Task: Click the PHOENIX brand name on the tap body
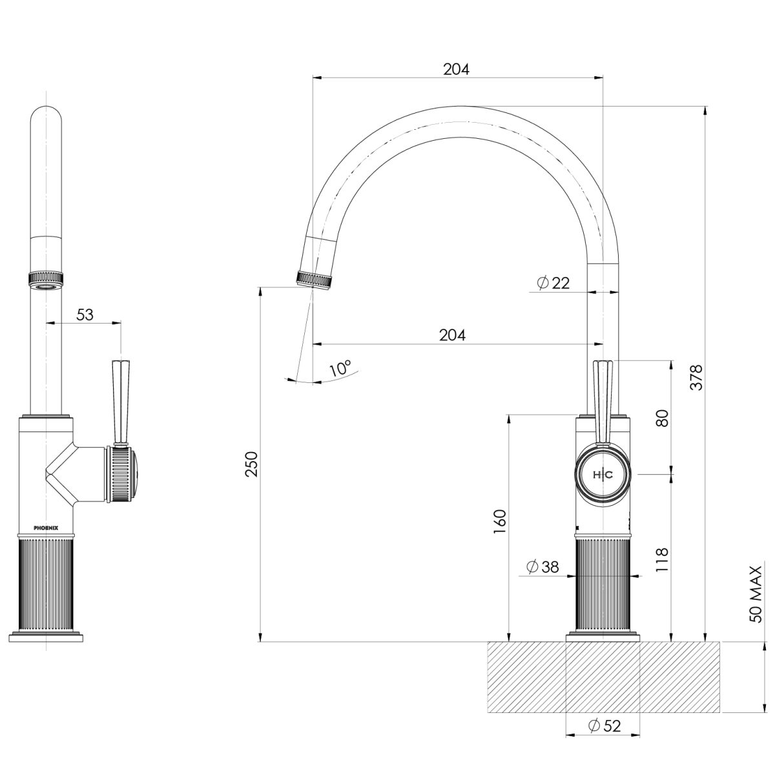coord(46,528)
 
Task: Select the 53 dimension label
coord(85,315)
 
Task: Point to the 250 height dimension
coord(252,464)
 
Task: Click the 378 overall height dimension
coord(695,377)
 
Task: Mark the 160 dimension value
coord(499,522)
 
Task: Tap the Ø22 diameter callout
coord(553,283)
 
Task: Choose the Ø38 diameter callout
coord(542,567)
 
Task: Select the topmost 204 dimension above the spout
coord(456,69)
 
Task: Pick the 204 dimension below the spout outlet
coord(452,335)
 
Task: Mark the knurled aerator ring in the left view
coord(46,278)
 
